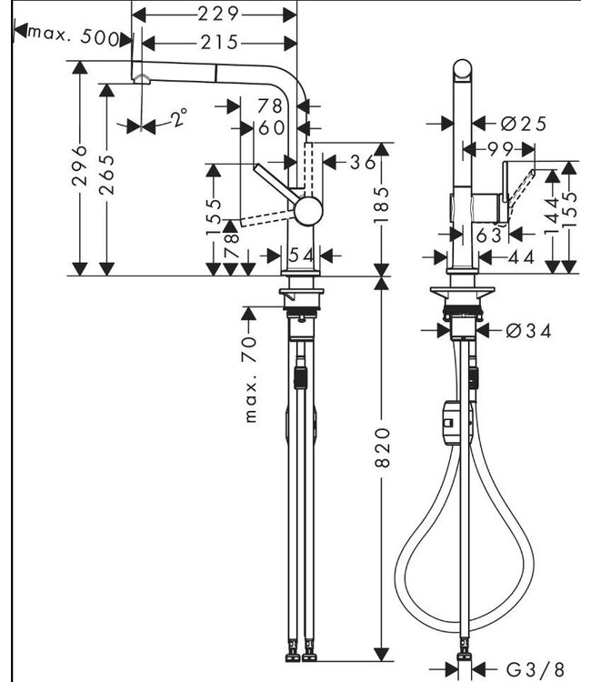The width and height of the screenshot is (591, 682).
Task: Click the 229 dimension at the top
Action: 219,14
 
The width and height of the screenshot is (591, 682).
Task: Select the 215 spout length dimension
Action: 219,42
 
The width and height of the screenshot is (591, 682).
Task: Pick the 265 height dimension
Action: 108,173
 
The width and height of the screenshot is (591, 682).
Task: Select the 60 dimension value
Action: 271,128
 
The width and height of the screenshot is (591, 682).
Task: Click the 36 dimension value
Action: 363,162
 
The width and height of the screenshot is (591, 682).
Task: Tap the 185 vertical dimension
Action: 382,207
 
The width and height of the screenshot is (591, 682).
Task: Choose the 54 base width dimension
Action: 301,256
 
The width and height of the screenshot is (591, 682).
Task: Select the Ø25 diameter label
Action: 523,123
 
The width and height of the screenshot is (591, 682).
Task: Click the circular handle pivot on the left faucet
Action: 307,211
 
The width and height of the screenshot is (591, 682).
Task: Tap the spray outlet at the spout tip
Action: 141,80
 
